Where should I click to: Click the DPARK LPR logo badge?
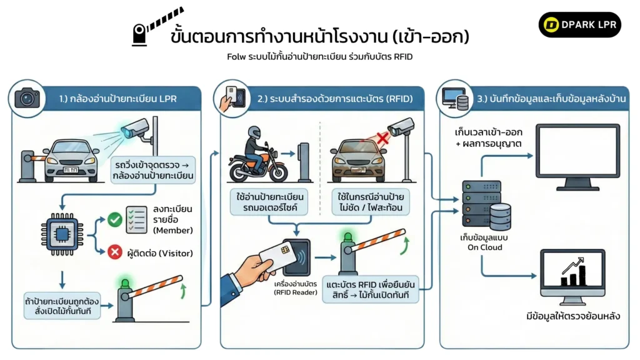(579, 25)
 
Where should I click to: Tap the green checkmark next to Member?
(114, 219)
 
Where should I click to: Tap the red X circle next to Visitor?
(114, 252)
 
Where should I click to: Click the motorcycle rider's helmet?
(253, 133)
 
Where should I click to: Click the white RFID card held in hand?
(267, 257)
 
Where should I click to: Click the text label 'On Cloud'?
(485, 247)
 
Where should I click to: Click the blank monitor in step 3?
(578, 152)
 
